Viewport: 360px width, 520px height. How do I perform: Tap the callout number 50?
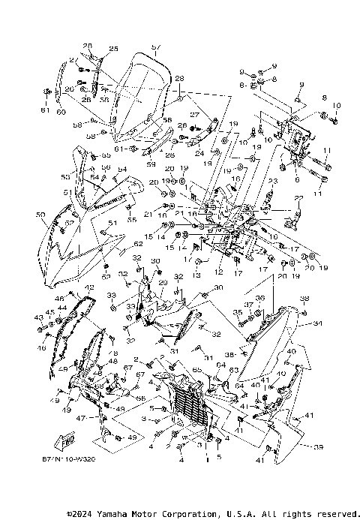(40, 215)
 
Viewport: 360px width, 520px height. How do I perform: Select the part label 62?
(137, 244)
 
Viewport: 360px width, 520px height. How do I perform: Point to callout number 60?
(61, 113)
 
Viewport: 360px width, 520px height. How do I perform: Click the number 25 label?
(113, 50)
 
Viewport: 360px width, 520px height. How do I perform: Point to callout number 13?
(197, 275)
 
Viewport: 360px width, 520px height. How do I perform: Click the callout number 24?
(199, 153)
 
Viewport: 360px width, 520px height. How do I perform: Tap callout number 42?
(88, 287)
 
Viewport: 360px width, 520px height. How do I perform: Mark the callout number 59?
(151, 164)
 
